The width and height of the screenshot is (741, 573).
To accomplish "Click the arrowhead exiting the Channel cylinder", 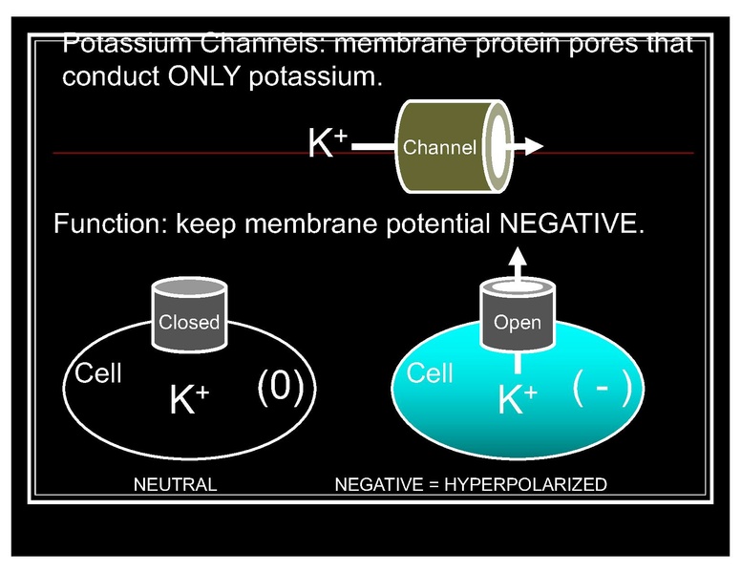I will point(533,146).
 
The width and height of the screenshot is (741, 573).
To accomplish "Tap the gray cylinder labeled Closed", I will point(189,316).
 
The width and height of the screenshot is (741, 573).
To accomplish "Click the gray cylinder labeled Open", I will point(517,316).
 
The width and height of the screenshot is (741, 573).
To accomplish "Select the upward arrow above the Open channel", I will point(517,260).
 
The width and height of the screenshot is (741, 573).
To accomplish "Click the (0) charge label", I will point(281,390).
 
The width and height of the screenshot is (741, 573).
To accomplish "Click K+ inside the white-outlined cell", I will point(189,401).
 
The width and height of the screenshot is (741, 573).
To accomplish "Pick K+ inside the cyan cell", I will point(518,401).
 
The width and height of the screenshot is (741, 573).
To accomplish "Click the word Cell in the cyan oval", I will point(430,373).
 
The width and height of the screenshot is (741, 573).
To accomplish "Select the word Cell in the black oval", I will point(98,373).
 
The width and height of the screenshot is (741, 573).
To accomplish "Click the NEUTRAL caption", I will point(175,484).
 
